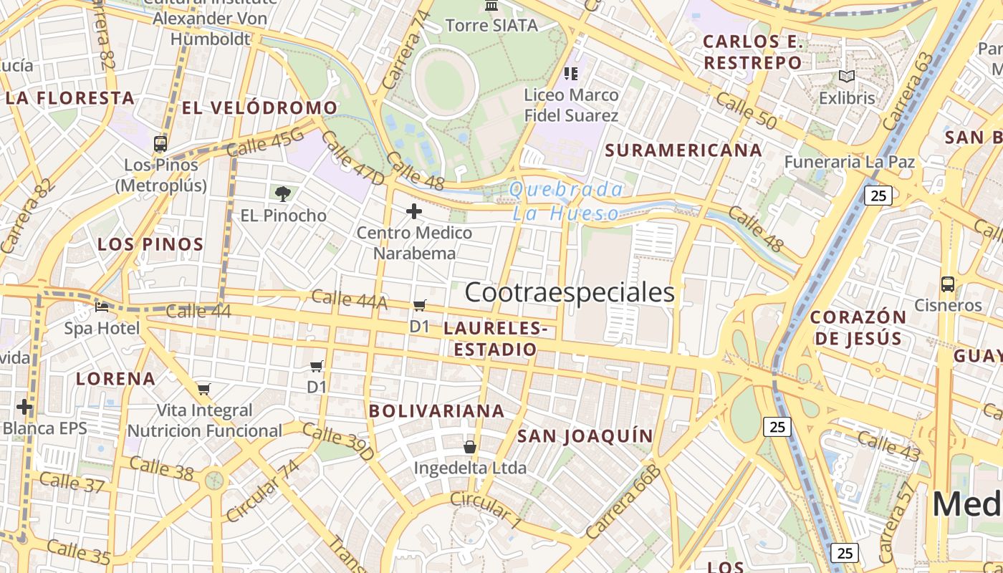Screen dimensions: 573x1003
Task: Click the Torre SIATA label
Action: tap(491, 26)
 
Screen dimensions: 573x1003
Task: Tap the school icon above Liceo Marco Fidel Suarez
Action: tap(571, 73)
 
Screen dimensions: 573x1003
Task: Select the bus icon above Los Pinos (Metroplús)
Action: tap(160, 144)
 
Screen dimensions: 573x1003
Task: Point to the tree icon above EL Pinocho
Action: tap(283, 193)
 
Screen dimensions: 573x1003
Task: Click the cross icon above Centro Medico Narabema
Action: tap(414, 211)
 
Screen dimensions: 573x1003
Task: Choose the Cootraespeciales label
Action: tap(570, 292)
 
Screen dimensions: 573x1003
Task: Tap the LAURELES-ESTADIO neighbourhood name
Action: tap(495, 339)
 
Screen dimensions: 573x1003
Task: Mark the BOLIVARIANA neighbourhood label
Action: tap(437, 411)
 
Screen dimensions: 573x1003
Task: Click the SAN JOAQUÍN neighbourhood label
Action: tap(585, 435)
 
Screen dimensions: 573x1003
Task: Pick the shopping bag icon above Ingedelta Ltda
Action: tap(470, 447)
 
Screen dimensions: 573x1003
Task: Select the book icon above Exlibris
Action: tap(847, 76)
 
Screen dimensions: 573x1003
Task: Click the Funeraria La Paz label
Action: tap(850, 162)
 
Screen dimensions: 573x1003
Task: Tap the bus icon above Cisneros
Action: tap(948, 284)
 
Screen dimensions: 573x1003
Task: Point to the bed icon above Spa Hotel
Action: tap(102, 307)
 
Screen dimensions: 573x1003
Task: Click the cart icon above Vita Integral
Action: tap(204, 390)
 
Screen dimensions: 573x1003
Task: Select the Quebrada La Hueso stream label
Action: tap(566, 201)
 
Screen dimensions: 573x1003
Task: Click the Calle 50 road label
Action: tap(745, 112)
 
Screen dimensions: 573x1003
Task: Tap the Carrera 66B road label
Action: tap(622, 502)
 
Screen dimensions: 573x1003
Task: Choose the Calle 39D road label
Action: tap(337, 442)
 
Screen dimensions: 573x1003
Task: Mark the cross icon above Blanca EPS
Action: tap(24, 408)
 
